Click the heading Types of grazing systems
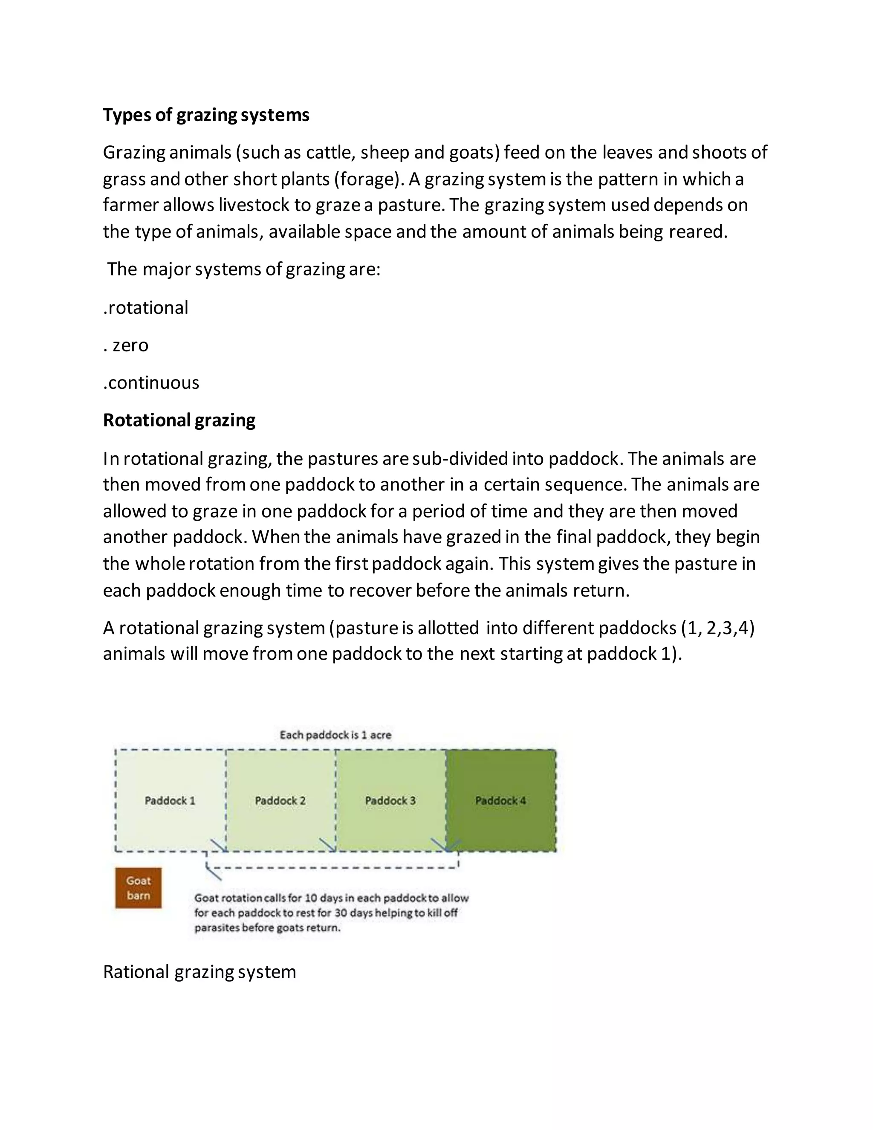click(x=206, y=115)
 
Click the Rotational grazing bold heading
click(x=179, y=420)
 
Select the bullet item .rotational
click(x=146, y=308)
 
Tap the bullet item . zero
click(x=126, y=345)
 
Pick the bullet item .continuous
click(x=151, y=383)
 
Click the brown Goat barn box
click(x=138, y=888)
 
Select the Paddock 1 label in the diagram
click(x=170, y=800)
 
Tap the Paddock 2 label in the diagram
click(x=280, y=800)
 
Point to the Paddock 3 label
click(x=390, y=800)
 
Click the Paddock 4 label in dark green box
click(x=500, y=800)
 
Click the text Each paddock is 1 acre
click(x=335, y=735)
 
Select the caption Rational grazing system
click(x=199, y=972)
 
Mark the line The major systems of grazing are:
click(x=243, y=269)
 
